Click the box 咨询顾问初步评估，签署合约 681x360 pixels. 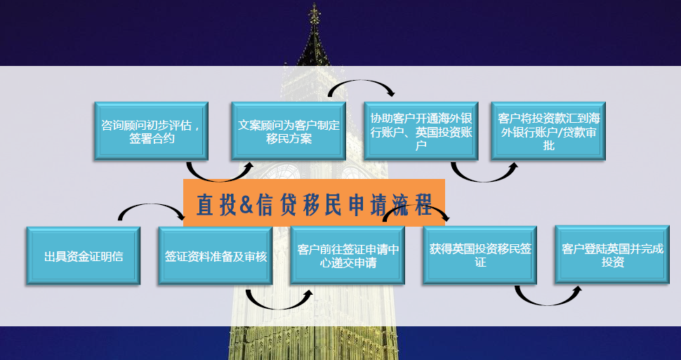click(151, 131)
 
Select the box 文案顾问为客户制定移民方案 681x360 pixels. click(289, 131)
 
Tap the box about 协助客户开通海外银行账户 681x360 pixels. click(421, 131)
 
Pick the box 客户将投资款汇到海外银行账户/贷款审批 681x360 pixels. click(548, 131)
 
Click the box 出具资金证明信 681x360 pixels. click(84, 255)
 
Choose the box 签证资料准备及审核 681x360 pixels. click(216, 255)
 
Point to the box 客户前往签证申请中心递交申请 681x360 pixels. click(348, 255)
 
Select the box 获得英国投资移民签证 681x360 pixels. click(480, 255)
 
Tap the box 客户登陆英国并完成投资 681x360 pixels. click(612, 255)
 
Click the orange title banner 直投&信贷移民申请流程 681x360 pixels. click(314, 202)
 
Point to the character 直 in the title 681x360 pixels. click(204, 204)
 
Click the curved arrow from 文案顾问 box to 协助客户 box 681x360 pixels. click(360, 81)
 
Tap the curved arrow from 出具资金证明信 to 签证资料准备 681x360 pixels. click(150, 206)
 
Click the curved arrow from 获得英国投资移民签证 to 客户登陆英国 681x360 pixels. click(546, 302)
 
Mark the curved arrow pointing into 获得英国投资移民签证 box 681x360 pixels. click(415, 207)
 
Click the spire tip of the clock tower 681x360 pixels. click(314, 4)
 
